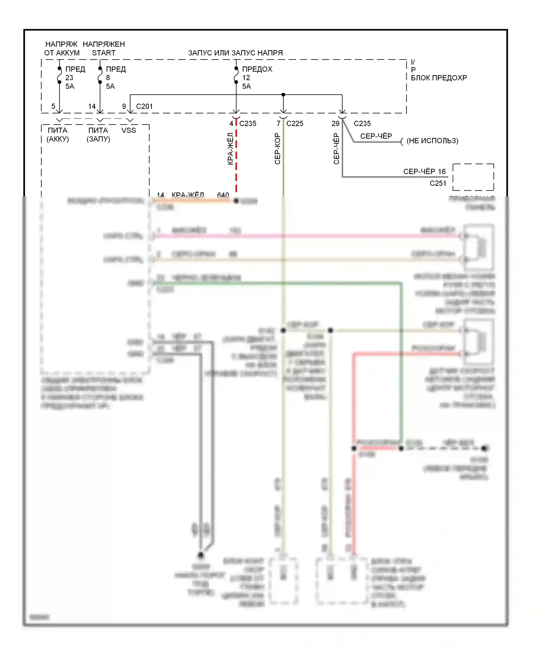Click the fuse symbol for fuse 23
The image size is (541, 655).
(x=60, y=75)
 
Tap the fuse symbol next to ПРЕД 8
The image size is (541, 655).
(x=100, y=75)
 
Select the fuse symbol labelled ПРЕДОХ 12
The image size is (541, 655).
(x=236, y=75)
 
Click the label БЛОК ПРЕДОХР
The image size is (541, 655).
(x=439, y=78)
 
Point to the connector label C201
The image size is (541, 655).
(x=144, y=107)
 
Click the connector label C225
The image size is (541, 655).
(x=295, y=123)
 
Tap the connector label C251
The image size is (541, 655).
(x=438, y=183)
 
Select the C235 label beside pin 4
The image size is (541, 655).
(x=248, y=123)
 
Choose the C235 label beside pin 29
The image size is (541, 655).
(x=362, y=123)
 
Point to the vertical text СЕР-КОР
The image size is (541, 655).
(x=277, y=149)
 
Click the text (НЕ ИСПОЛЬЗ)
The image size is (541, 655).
(x=432, y=141)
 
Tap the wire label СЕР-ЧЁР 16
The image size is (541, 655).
(x=424, y=172)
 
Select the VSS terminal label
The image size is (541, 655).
(x=129, y=130)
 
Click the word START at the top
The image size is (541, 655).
(x=104, y=53)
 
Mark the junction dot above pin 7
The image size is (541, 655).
(x=283, y=95)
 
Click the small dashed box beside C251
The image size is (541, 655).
(x=473, y=177)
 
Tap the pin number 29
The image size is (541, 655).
(x=335, y=123)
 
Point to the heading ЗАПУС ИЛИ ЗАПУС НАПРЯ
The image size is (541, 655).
(x=236, y=53)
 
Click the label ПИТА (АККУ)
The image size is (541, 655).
(x=58, y=135)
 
